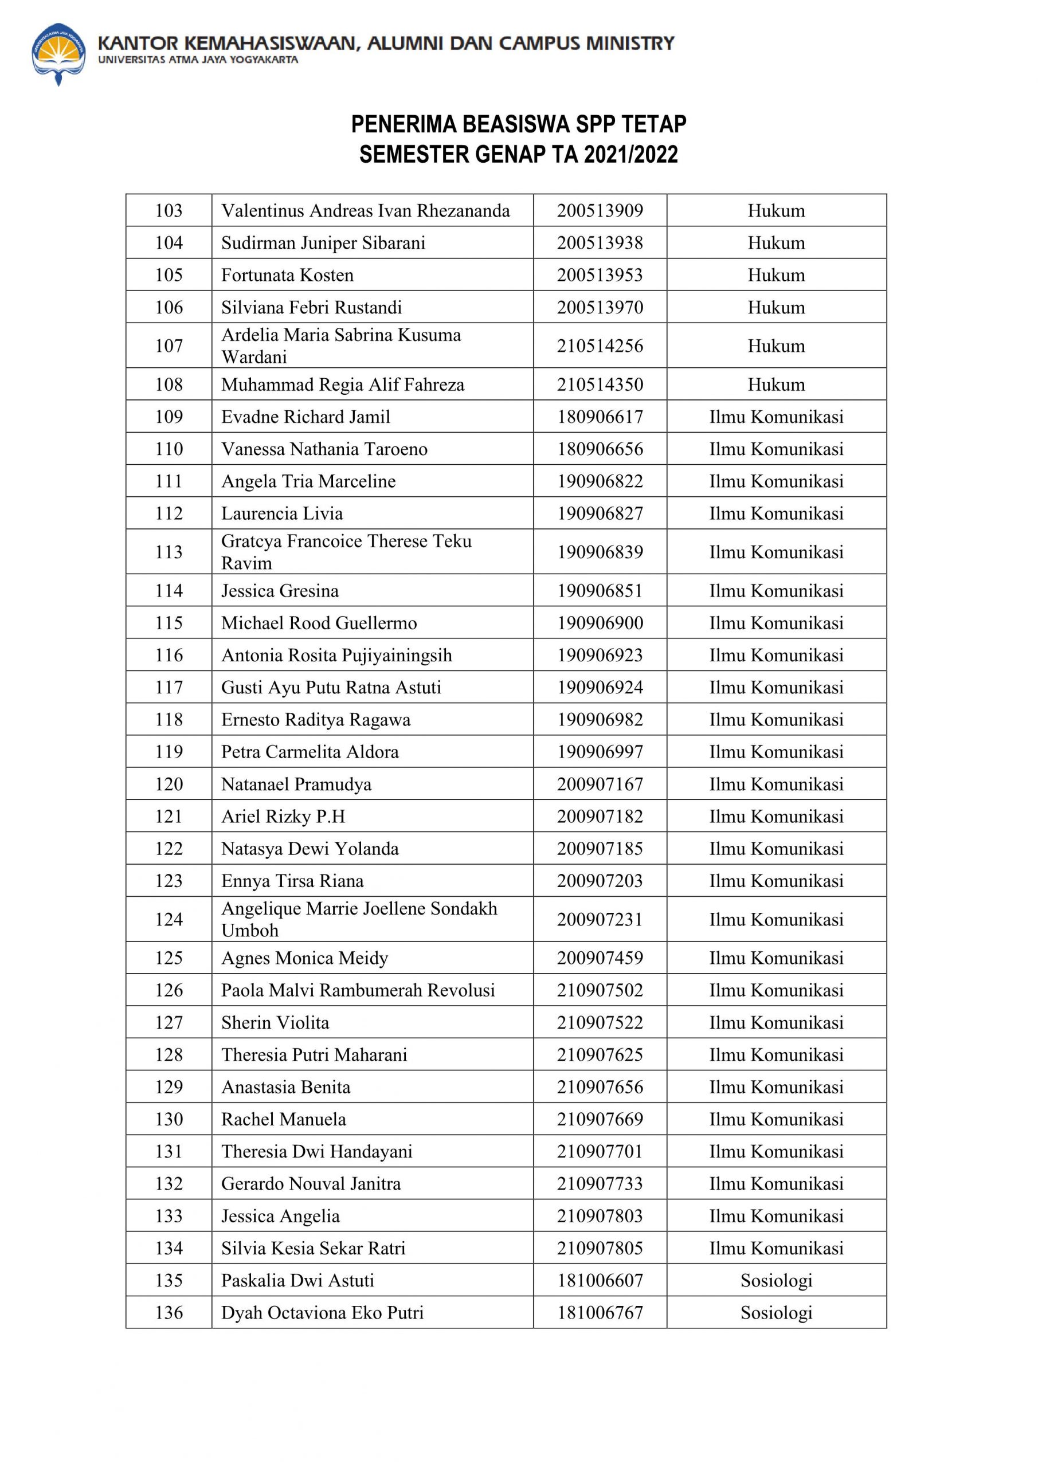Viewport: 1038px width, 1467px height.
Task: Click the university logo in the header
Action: tap(58, 54)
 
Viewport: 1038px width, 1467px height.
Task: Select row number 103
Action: tap(169, 211)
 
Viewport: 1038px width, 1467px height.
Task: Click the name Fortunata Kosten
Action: tap(287, 276)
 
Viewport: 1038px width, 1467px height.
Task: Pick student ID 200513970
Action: tap(600, 307)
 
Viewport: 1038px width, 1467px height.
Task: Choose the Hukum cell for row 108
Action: tap(776, 385)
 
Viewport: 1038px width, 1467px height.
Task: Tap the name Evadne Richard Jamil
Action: tap(305, 417)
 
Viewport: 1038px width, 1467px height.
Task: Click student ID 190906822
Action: tap(600, 481)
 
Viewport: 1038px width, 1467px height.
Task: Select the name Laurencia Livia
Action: tap(282, 513)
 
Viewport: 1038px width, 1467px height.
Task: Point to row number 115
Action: tap(169, 623)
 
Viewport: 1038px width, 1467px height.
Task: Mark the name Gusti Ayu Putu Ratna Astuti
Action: tap(331, 688)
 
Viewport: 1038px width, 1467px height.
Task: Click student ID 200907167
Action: tap(600, 784)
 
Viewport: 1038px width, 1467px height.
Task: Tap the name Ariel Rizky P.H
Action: tap(283, 817)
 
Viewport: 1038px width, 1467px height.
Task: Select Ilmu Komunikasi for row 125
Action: tap(776, 958)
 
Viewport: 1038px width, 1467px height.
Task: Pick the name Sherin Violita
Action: tap(275, 1022)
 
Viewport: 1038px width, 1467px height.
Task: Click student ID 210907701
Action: tap(600, 1151)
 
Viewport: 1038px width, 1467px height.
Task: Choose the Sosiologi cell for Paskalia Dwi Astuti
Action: tap(776, 1280)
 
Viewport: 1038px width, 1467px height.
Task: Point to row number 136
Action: tap(169, 1312)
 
